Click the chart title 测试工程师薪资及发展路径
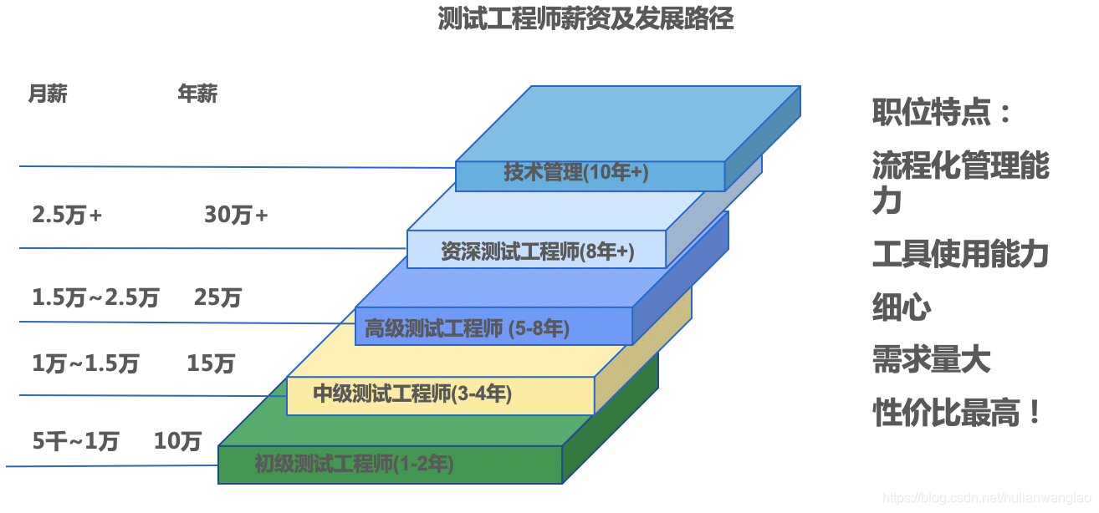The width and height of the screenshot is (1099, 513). coord(585,19)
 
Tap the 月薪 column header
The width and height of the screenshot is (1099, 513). coord(48,94)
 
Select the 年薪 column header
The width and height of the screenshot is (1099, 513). coord(197,94)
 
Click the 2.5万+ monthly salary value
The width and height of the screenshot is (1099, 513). coord(67,215)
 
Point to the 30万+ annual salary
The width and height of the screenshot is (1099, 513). coord(236,215)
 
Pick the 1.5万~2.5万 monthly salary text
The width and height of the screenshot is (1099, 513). coord(95,297)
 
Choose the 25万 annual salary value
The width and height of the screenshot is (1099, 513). coord(217,297)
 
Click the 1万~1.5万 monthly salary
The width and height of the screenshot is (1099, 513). coord(85,363)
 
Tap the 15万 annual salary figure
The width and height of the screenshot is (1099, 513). coord(211,363)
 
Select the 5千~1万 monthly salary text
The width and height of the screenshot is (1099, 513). coord(75,440)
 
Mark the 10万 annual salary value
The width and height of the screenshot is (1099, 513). coord(177,440)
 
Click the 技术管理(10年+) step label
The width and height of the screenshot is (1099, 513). coord(576,173)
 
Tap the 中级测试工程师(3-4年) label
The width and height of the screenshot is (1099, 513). coord(412,394)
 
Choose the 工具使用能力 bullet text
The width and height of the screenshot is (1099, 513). coord(960,254)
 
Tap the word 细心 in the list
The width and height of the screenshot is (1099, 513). coord(902,307)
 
